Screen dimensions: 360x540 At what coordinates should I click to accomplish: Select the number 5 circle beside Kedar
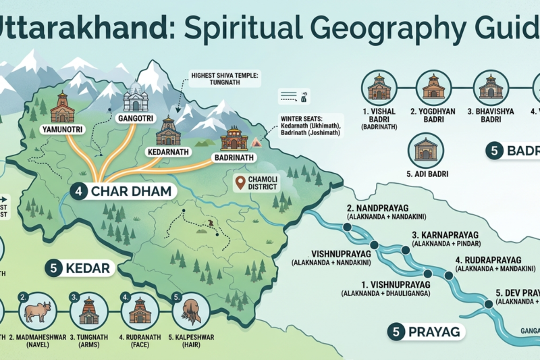[x=55, y=268]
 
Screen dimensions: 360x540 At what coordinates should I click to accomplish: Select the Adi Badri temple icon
[x=426, y=149]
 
